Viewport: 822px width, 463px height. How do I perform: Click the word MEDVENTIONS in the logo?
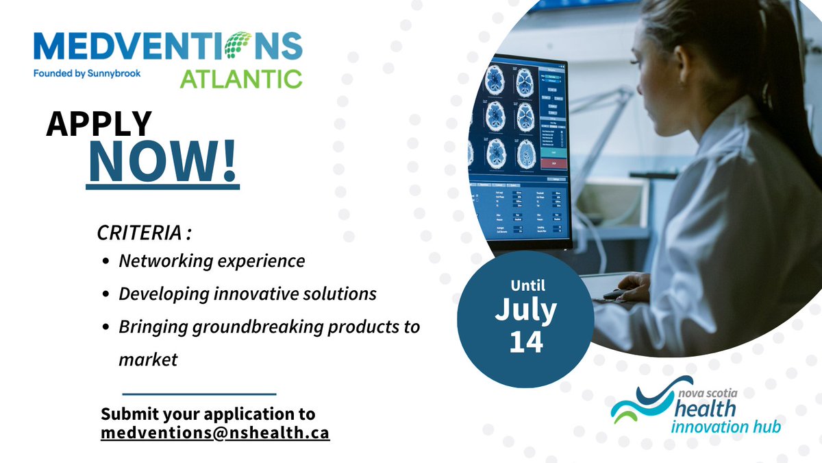(x=167, y=47)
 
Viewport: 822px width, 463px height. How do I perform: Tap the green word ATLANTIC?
(x=240, y=78)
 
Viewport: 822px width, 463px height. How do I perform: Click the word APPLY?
(x=99, y=124)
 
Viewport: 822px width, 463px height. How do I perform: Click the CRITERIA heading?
(x=143, y=233)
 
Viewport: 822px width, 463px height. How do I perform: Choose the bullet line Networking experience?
(x=212, y=261)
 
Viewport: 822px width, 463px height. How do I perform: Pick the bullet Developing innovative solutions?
(x=247, y=294)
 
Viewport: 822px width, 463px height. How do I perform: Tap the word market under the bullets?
(x=148, y=359)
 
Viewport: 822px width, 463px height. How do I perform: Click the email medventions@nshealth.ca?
(x=215, y=434)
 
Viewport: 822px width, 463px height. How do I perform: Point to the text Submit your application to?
(x=208, y=414)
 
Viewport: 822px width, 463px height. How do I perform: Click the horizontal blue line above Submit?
(x=199, y=394)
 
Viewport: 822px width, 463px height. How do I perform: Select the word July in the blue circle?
(x=525, y=310)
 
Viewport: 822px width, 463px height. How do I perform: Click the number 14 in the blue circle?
(x=525, y=342)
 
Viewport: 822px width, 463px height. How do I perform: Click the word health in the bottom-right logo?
(x=706, y=408)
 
